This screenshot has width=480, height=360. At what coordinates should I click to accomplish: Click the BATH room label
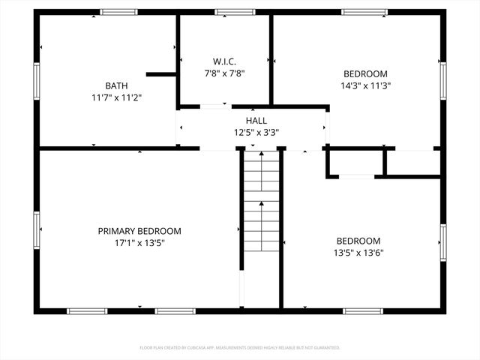(x=116, y=85)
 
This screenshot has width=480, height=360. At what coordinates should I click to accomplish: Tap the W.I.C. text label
(x=224, y=61)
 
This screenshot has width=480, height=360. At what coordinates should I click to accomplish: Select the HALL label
(x=256, y=120)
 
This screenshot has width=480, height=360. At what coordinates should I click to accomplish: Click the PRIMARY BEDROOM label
(x=139, y=231)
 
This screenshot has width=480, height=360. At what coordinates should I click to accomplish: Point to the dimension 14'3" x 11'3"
(x=365, y=85)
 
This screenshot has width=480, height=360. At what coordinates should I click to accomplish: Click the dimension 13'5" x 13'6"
(x=358, y=252)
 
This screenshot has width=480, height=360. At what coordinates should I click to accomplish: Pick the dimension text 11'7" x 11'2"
(x=116, y=97)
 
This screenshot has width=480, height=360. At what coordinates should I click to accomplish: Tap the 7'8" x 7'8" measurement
(x=224, y=73)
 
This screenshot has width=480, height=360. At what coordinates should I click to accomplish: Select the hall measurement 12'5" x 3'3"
(x=256, y=132)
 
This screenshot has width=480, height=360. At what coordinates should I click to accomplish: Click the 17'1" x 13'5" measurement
(x=139, y=243)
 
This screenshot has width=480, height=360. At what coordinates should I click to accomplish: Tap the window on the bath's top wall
(x=119, y=12)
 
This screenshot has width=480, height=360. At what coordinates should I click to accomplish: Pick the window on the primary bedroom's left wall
(x=36, y=229)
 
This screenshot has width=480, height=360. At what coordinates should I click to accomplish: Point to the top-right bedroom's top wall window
(x=364, y=12)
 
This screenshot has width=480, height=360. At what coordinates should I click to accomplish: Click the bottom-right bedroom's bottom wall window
(x=364, y=310)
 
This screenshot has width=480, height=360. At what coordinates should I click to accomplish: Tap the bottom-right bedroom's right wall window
(x=443, y=242)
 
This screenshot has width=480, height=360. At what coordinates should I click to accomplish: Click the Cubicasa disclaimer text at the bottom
(x=240, y=348)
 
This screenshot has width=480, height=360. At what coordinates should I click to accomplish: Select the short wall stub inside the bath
(x=161, y=74)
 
